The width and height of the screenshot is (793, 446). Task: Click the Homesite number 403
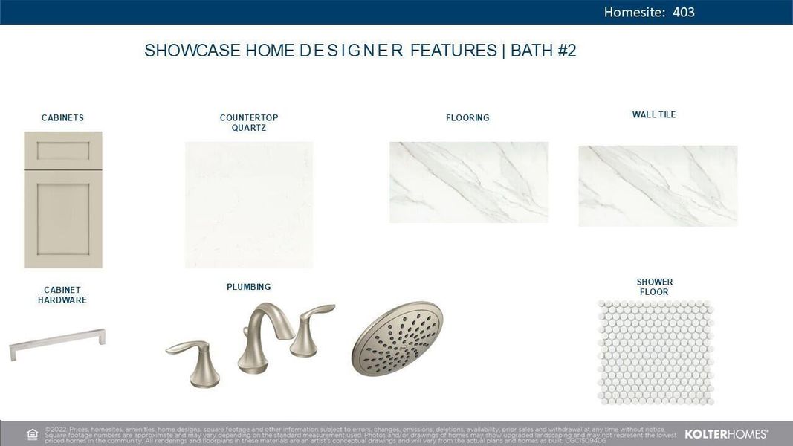pos(683,12)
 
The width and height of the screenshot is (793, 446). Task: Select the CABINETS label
pos(62,118)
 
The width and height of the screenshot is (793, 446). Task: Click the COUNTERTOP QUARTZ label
pos(249,123)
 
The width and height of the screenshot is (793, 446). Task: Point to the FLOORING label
pos(467,118)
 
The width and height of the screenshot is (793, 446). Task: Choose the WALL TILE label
pos(654,115)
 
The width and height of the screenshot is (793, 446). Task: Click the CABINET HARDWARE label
pos(62,295)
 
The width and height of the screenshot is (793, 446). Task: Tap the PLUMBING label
pos(249,287)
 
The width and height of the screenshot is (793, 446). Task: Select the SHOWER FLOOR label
pos(654,287)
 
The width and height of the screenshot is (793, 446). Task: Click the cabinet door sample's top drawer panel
pos(63,151)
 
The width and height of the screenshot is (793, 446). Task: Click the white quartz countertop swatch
pos(249,204)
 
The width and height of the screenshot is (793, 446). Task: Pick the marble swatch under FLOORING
pos(469,182)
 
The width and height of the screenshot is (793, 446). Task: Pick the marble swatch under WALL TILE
pos(658,186)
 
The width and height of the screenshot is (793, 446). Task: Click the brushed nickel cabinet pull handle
pos(57,344)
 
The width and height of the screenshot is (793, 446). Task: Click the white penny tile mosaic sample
pos(656,352)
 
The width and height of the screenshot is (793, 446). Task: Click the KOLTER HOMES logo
pos(726,434)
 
